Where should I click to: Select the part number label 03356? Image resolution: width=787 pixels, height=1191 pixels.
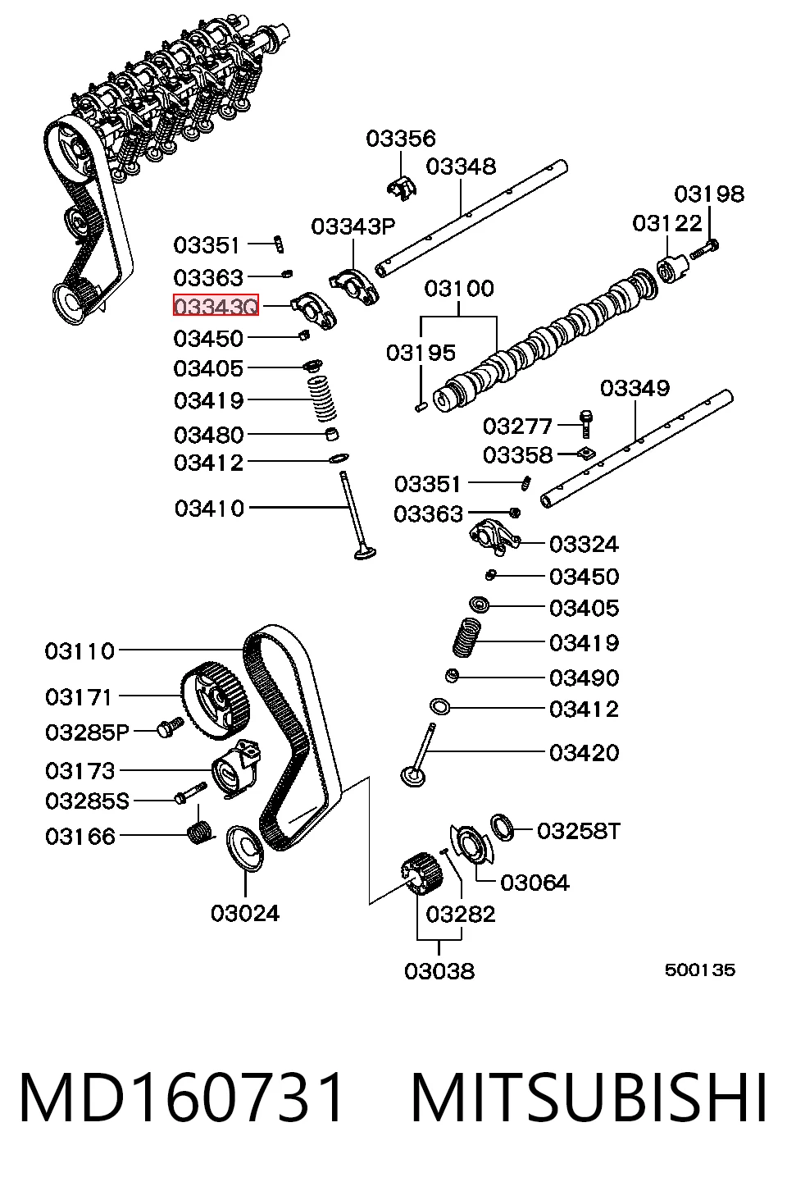point(401,139)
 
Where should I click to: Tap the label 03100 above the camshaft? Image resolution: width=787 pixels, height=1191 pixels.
point(459,289)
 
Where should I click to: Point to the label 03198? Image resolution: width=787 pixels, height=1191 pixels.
point(709,194)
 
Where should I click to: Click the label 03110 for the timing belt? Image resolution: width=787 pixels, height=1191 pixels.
point(80,650)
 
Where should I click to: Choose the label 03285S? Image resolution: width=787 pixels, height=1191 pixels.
point(87,801)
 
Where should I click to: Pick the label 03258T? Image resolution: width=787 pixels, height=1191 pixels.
point(579,831)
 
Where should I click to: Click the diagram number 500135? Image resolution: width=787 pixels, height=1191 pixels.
point(700,970)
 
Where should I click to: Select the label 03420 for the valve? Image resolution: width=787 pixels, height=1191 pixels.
point(584,753)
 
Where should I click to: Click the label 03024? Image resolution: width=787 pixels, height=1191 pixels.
point(245,914)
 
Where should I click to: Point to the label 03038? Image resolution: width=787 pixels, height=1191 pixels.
point(439,971)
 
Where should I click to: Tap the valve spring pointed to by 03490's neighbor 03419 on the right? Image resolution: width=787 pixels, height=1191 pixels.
point(467,637)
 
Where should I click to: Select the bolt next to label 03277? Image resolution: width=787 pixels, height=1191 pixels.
point(585,423)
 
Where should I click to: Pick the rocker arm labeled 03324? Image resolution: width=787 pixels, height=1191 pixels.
point(494,537)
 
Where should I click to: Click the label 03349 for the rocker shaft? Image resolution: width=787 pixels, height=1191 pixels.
point(635,389)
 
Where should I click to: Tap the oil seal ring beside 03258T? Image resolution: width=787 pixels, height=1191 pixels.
point(503,828)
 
